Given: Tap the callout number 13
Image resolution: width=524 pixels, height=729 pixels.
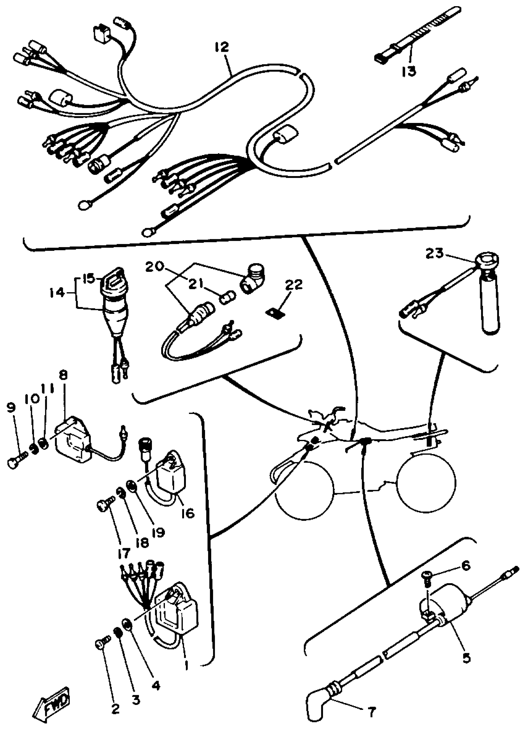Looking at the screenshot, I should [x=408, y=71].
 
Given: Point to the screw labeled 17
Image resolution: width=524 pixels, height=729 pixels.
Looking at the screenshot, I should [x=104, y=507].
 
